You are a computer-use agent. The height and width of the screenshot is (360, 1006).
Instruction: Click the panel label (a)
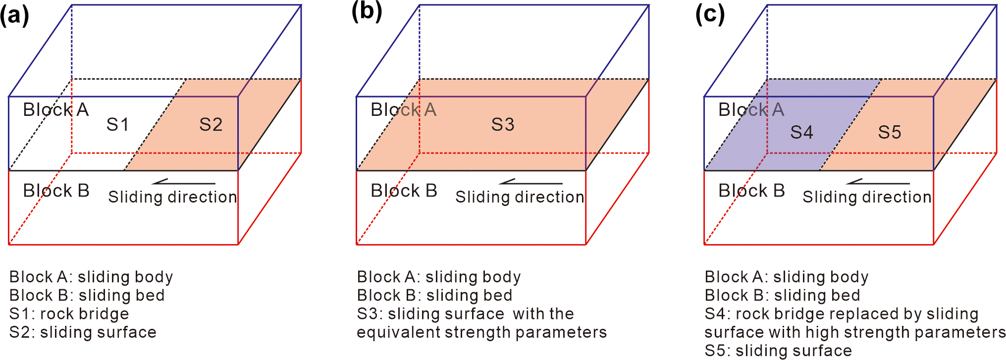click(x=15, y=15)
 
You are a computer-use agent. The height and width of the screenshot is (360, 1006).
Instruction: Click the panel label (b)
click(x=367, y=11)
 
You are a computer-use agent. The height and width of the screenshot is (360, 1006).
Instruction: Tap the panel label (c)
click(x=710, y=14)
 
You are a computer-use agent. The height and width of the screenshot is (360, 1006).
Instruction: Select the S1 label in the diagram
click(x=118, y=124)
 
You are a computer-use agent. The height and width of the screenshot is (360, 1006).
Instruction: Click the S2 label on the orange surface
click(x=211, y=124)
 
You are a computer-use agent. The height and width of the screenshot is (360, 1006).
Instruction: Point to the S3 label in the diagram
click(x=503, y=124)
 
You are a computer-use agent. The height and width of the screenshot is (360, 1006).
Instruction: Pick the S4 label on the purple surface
click(x=801, y=132)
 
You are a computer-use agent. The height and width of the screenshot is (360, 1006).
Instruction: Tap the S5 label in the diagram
click(x=890, y=132)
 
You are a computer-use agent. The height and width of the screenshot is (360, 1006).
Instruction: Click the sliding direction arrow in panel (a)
click(x=183, y=182)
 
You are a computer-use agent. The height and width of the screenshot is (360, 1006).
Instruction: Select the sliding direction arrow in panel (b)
click(x=530, y=182)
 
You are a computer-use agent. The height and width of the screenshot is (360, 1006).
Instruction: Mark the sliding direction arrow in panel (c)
click(x=878, y=182)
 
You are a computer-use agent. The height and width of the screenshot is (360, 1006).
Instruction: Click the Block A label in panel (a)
click(x=56, y=109)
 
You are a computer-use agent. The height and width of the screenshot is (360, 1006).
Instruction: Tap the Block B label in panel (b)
click(x=404, y=191)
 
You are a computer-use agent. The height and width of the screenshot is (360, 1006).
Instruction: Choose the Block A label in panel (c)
click(x=751, y=109)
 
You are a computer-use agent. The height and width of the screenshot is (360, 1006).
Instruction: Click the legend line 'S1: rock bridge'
click(x=69, y=314)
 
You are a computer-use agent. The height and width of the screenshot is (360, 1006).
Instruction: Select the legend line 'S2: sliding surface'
click(x=83, y=332)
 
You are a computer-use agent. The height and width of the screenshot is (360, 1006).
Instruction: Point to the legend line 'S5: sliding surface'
click(x=778, y=351)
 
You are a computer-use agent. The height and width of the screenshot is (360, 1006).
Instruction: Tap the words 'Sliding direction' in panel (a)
click(x=172, y=197)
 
